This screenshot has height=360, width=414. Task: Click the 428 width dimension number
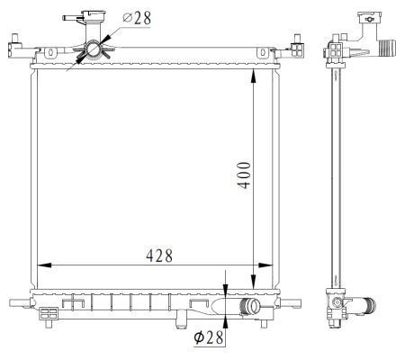coord(159,256)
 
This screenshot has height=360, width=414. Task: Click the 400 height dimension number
coord(244,175)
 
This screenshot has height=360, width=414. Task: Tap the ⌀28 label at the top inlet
coord(137,18)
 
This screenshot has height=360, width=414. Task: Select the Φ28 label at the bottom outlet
coord(209,337)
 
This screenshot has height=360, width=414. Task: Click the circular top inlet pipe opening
coord(94,49)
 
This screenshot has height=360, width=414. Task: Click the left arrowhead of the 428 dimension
coord(44,265)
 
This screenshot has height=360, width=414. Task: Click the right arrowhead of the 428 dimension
coord(265,265)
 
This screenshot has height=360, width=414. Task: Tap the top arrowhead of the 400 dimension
coord(254,76)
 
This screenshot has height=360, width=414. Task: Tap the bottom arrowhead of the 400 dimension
coord(254,282)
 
